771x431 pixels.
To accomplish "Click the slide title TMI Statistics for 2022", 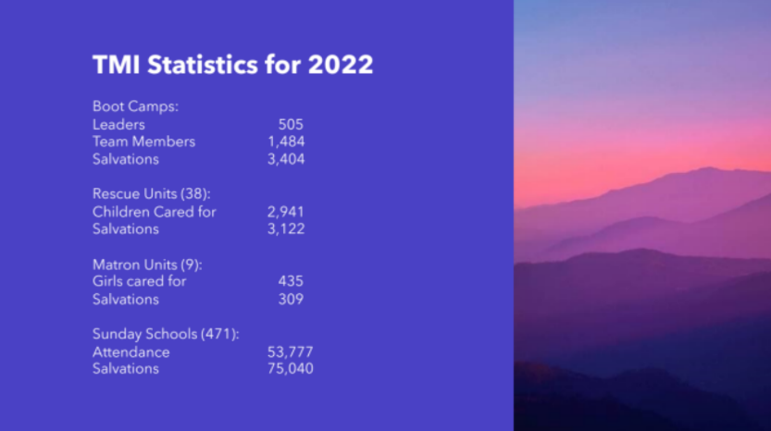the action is click(x=233, y=65).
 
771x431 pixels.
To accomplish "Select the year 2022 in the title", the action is click(x=341, y=65).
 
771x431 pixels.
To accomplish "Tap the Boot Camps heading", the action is click(x=135, y=106).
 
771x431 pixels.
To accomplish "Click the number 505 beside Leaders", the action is click(x=291, y=124).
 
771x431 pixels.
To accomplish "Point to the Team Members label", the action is click(x=143, y=142).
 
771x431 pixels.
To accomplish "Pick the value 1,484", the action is click(x=286, y=142).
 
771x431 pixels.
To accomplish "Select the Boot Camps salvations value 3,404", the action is click(x=286, y=159).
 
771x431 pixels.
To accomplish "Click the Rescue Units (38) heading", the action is click(x=152, y=193).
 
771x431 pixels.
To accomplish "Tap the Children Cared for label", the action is click(x=154, y=212).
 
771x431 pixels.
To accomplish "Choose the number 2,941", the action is click(x=286, y=212).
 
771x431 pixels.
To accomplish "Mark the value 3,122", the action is click(x=286, y=229).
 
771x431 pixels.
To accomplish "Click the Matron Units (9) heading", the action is click(x=147, y=265).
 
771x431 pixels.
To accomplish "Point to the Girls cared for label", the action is click(x=139, y=281).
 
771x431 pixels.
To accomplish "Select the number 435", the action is click(x=291, y=281).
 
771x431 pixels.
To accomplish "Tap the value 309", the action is click(x=291, y=300).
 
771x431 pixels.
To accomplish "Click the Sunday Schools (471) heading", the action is click(x=166, y=334).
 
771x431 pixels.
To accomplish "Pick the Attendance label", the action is click(x=131, y=352).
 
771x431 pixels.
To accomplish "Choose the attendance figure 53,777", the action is click(x=290, y=352).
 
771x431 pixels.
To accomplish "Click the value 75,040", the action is click(x=290, y=369).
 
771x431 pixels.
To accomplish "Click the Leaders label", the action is click(x=118, y=124).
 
